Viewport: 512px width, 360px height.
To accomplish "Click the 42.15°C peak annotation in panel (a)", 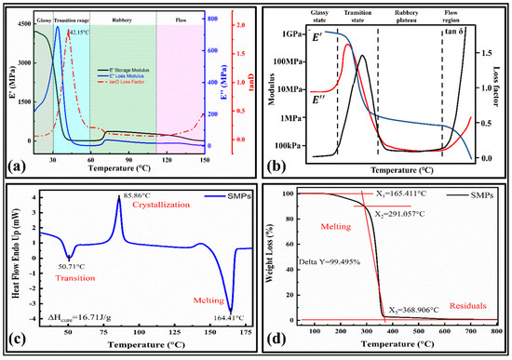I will (80, 33).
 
